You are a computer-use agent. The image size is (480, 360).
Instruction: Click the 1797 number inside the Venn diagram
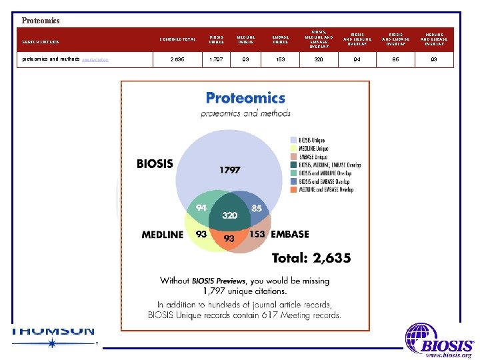pos(230,170)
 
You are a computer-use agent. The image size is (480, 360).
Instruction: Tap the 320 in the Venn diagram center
pos(230,216)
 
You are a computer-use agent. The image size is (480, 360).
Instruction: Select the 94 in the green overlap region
pos(200,207)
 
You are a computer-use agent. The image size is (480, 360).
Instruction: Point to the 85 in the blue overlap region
pos(257,208)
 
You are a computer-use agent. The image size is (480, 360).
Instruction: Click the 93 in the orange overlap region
pos(229,238)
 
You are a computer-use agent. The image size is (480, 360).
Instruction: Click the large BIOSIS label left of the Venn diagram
pos(155,163)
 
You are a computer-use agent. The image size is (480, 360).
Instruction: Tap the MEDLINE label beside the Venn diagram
pos(162,235)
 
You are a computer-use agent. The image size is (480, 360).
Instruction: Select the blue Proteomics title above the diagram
pos(245,98)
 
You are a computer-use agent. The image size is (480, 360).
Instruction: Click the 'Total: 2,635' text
pos(311,258)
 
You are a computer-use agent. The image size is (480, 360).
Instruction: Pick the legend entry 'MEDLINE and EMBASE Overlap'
pos(326,189)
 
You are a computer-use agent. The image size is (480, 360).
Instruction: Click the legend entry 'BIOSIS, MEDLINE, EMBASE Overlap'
pos(330,164)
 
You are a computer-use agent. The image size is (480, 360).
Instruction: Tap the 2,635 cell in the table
pos(177,60)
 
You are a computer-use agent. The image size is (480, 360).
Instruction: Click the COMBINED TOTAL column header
pos(177,39)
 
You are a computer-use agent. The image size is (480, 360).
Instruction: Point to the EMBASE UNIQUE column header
pos(281,39)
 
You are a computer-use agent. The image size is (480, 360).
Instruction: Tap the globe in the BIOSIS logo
pos(420,337)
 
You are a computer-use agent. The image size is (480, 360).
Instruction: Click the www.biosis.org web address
pos(448,355)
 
